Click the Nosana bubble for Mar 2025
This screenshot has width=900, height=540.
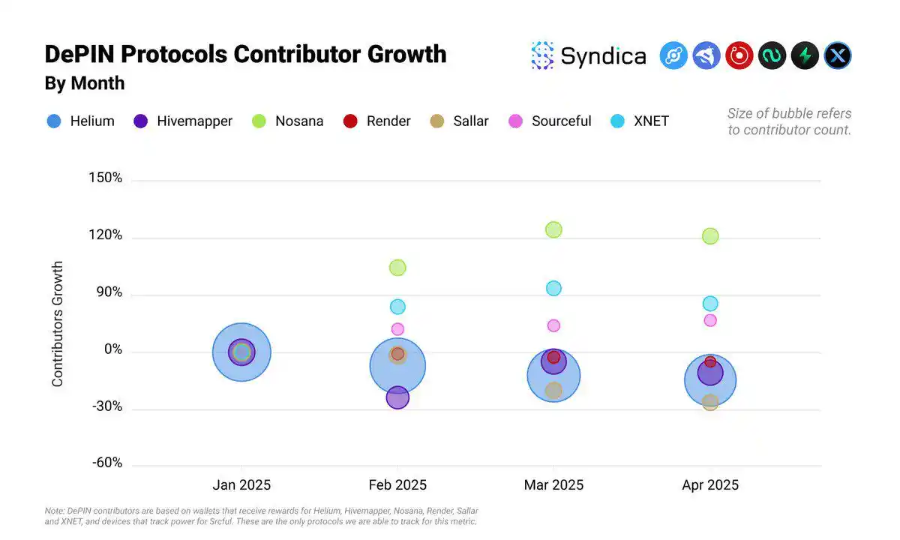point(553,229)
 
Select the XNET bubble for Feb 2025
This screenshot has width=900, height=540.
point(397,307)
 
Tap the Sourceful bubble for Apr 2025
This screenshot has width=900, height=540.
point(710,320)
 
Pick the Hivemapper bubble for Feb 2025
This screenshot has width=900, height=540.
point(397,397)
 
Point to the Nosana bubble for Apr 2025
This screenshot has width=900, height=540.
point(710,236)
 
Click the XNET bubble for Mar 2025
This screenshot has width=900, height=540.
point(553,289)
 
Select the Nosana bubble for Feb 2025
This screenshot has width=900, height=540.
point(397,268)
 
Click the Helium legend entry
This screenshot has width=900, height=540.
point(81,121)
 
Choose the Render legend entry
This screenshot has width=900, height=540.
point(377,121)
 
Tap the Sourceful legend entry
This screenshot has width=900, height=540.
point(550,121)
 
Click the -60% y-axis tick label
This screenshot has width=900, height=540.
point(107,463)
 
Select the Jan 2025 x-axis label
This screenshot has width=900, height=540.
point(241,485)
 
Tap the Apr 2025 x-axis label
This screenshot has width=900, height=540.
point(710,485)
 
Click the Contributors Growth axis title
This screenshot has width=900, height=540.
point(58,324)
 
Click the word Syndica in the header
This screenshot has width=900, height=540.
point(603,56)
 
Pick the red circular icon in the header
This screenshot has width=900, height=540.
point(739,55)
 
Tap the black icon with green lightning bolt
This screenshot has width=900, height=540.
point(805,55)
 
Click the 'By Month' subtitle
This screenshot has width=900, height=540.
point(85,83)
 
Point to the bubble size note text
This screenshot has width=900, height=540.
point(789,121)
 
